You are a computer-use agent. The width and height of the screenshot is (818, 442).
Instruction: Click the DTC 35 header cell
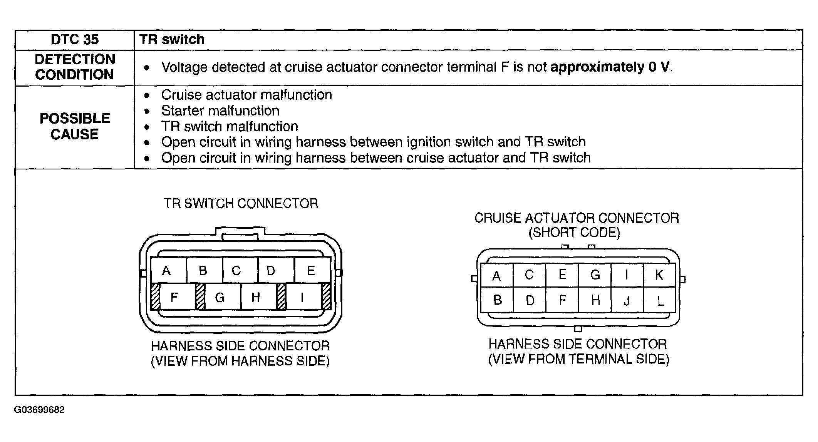(75, 40)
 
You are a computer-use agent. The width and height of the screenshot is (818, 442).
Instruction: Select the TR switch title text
(172, 39)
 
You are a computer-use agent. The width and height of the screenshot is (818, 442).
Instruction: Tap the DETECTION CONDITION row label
(75, 67)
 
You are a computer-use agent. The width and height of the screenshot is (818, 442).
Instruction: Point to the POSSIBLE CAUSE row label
(75, 126)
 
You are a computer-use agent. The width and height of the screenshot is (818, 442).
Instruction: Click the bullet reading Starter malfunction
(220, 111)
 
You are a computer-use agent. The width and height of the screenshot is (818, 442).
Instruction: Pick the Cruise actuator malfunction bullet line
(246, 95)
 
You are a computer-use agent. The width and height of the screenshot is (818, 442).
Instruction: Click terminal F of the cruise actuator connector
(562, 300)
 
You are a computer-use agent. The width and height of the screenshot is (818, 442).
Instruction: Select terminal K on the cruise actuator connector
(659, 275)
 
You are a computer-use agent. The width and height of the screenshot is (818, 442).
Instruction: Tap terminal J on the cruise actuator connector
(627, 300)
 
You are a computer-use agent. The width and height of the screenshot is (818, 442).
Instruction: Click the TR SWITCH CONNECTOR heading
(241, 203)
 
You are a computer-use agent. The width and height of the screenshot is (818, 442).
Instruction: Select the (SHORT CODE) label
(574, 233)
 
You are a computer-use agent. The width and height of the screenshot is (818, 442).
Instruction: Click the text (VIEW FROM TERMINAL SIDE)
(578, 359)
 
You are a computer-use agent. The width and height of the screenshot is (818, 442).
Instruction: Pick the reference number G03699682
(39, 410)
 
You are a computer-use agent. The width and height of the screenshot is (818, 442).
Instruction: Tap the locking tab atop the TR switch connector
(240, 234)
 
